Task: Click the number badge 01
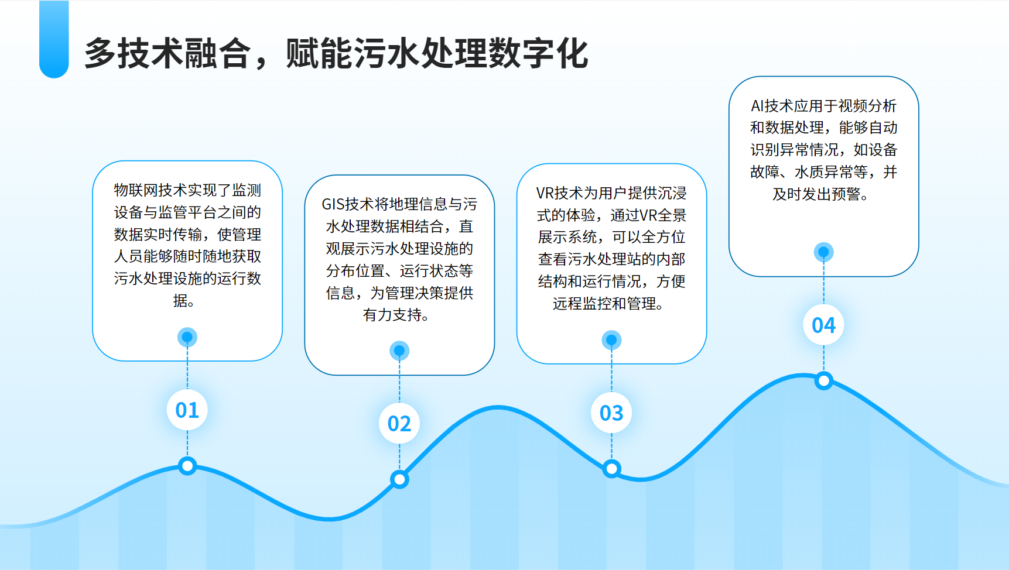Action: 187,410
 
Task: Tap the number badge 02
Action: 399,423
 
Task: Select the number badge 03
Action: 611,413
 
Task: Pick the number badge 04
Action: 823,325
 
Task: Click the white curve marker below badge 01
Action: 187,466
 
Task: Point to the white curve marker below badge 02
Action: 399,479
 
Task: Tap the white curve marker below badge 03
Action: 611,468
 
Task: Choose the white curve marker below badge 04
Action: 823,381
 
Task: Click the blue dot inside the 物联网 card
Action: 187,337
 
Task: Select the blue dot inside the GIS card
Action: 399,351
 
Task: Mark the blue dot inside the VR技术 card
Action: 611,340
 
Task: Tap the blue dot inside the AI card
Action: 823,252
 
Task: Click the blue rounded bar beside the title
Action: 54,39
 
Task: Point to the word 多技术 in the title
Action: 134,54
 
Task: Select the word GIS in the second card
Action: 333,204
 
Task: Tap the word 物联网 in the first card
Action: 136,190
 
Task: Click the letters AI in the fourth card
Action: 757,106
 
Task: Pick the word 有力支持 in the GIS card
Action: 392,315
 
